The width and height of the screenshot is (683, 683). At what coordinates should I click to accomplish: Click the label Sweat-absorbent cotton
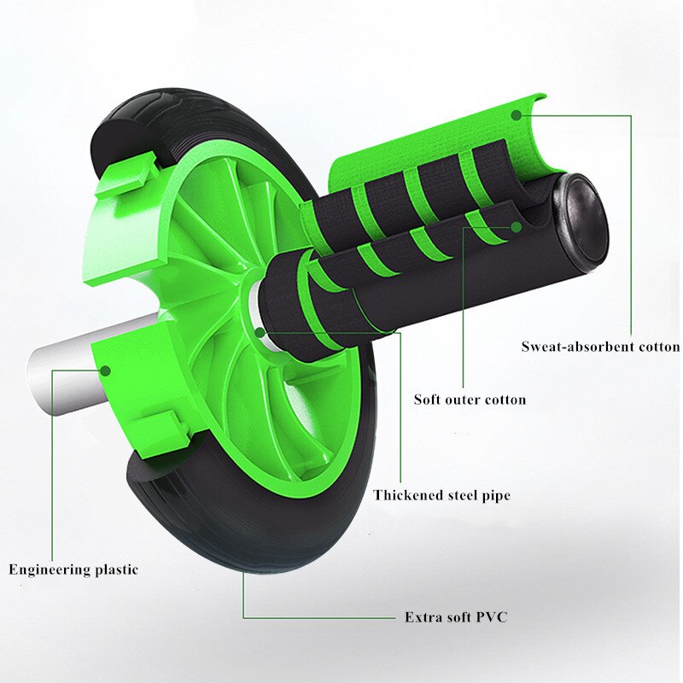[600, 347]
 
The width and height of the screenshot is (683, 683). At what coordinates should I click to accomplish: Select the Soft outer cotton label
[470, 399]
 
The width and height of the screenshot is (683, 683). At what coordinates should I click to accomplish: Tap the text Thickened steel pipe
[441, 495]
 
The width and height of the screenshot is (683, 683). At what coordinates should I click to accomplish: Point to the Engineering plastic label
[73, 569]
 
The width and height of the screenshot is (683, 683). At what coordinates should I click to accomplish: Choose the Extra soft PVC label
[455, 616]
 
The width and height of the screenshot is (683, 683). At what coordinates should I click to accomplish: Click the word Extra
[421, 616]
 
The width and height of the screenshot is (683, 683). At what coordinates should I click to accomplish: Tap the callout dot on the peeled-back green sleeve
[516, 112]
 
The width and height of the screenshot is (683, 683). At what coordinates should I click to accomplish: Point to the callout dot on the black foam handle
[517, 227]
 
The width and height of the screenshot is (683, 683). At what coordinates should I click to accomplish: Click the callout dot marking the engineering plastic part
[107, 370]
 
